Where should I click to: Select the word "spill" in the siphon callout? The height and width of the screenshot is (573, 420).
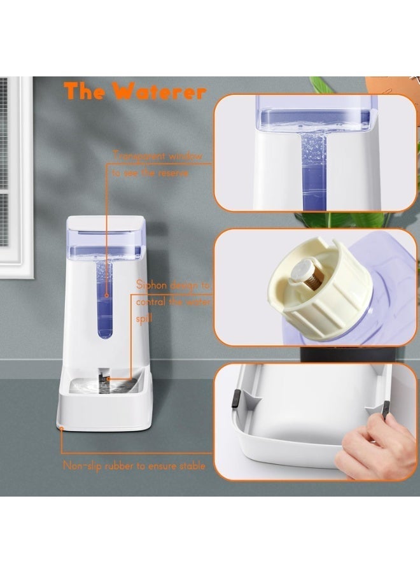(x=144, y=319)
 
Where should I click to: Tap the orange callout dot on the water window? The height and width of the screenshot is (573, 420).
(x=106, y=295)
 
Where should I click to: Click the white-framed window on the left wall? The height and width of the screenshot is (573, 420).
(x=14, y=178)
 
